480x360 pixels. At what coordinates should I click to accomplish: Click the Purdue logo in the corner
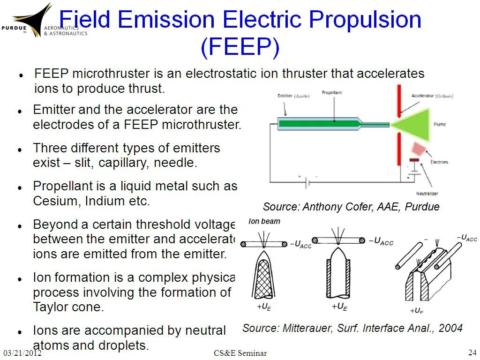tap(33, 21)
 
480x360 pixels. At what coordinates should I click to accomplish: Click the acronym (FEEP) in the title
tap(240, 47)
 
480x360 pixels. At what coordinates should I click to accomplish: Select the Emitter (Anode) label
tap(293, 96)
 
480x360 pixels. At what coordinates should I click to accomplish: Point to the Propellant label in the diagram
tap(332, 93)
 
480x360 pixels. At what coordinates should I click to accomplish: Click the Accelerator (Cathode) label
tap(432, 96)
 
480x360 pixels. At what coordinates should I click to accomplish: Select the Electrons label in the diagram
tap(439, 162)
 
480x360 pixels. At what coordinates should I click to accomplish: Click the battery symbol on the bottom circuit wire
tap(307, 183)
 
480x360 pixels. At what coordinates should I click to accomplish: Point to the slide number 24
tap(472, 352)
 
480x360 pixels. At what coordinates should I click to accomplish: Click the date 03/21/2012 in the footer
tap(22, 353)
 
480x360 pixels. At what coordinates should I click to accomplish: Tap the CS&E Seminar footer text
tap(240, 353)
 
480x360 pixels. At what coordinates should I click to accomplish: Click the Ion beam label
tap(264, 221)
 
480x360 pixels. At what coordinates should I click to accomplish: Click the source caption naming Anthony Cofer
tap(351, 207)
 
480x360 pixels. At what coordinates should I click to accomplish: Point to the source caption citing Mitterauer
tap(352, 328)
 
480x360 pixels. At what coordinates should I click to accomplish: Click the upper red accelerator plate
tap(399, 100)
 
